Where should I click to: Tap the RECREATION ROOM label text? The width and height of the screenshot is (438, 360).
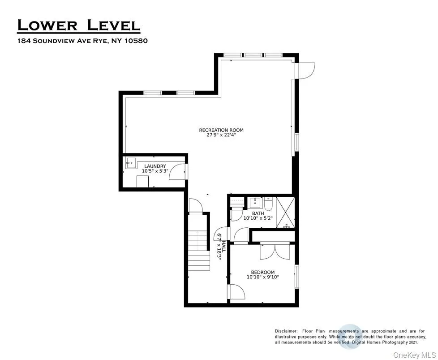click(221, 130)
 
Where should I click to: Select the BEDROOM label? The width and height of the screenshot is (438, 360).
click(263, 272)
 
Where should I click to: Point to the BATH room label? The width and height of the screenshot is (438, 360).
click(258, 213)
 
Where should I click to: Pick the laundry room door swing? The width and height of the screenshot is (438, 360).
click(177, 171)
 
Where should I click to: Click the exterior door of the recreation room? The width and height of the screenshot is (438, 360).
click(306, 70)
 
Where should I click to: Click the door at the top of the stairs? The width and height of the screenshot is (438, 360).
click(196, 206)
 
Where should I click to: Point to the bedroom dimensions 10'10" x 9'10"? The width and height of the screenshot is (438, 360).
click(263, 277)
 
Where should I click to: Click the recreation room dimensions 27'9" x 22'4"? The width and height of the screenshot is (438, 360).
click(221, 135)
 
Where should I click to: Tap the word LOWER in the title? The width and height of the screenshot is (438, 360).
click(47, 25)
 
